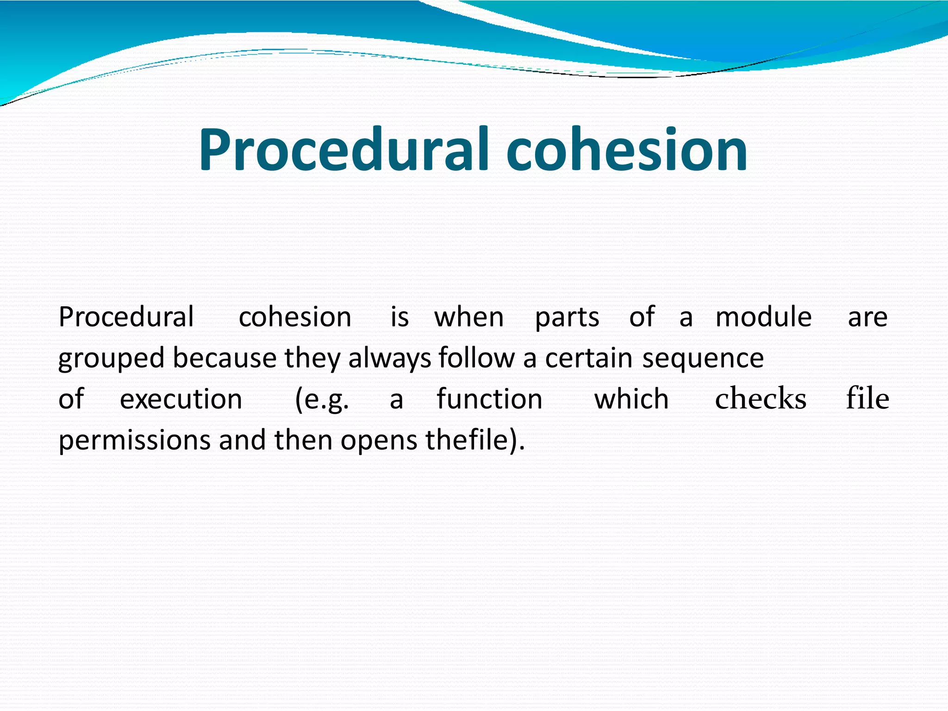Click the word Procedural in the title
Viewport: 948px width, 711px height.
click(x=343, y=150)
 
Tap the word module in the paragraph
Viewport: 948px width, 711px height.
click(x=763, y=318)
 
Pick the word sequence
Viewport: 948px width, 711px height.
click(x=703, y=359)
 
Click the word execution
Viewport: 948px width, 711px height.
click(x=181, y=399)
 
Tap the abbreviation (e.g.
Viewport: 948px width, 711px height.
click(x=322, y=400)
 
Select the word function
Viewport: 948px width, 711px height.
click(x=489, y=399)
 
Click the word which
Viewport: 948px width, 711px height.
click(x=631, y=399)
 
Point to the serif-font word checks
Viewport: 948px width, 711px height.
click(x=761, y=399)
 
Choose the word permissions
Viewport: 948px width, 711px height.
click(x=134, y=441)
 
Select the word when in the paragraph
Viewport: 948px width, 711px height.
click(x=469, y=318)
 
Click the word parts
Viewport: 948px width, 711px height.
click(x=567, y=318)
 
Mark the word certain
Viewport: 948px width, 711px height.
click(x=588, y=358)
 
